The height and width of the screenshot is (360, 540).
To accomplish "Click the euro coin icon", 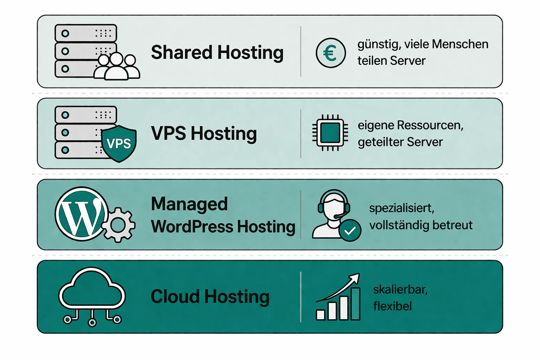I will tap(330, 53).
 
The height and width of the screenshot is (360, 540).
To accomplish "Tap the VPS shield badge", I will tap(119, 143).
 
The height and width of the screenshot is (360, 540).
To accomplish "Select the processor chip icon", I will tap(330, 133).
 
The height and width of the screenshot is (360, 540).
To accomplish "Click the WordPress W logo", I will tap(82, 214).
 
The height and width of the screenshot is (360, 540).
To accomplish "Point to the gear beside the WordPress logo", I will tap(118, 225).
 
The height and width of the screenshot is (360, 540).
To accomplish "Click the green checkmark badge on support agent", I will tap(350, 230).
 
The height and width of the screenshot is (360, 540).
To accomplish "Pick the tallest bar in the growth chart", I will tap(355, 304).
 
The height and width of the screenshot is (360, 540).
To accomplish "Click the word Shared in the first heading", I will tap(181, 53).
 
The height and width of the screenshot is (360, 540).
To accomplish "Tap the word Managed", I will tap(189, 204).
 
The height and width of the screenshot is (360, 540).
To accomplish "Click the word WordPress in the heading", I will tap(192, 227).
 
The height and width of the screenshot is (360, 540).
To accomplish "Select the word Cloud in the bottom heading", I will tap(175, 297).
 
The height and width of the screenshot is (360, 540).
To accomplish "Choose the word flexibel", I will tap(392, 306).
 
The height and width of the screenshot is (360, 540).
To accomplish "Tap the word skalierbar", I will tap(400, 290).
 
